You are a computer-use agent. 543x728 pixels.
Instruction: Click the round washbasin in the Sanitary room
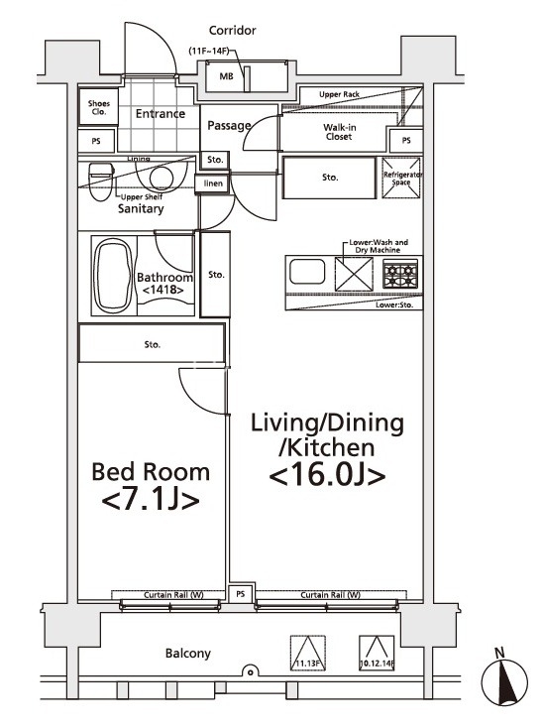coord(161,178)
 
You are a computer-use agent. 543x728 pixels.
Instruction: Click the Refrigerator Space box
coord(401,178)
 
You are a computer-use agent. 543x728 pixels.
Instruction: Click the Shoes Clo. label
coord(98,108)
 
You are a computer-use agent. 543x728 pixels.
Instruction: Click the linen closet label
coord(213,183)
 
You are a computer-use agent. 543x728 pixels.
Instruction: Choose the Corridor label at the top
coord(232,31)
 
